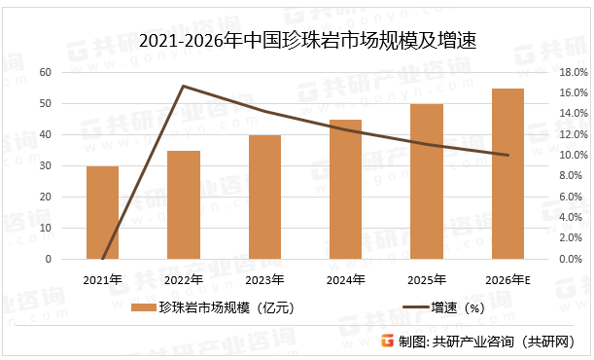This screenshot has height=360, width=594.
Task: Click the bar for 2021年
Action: (102, 213)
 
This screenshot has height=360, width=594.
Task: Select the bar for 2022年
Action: (183, 205)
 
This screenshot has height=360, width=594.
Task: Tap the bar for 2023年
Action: (264, 198)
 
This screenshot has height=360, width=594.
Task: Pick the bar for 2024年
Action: (345, 190)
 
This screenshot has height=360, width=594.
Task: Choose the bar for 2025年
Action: (427, 182)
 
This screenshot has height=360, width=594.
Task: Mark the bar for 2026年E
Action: (507, 174)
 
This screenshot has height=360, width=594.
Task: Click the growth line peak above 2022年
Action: (183, 87)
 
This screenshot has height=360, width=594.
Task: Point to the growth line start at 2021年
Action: (102, 259)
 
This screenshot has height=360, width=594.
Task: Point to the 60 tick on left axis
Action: (45, 72)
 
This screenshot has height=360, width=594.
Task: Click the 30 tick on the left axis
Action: (45, 166)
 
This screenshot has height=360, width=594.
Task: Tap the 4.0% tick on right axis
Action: (571, 218)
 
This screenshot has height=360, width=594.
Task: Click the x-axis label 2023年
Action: (264, 280)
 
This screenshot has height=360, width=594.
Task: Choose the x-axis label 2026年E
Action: (507, 280)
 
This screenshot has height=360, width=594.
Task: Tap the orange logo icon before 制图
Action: (387, 342)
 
